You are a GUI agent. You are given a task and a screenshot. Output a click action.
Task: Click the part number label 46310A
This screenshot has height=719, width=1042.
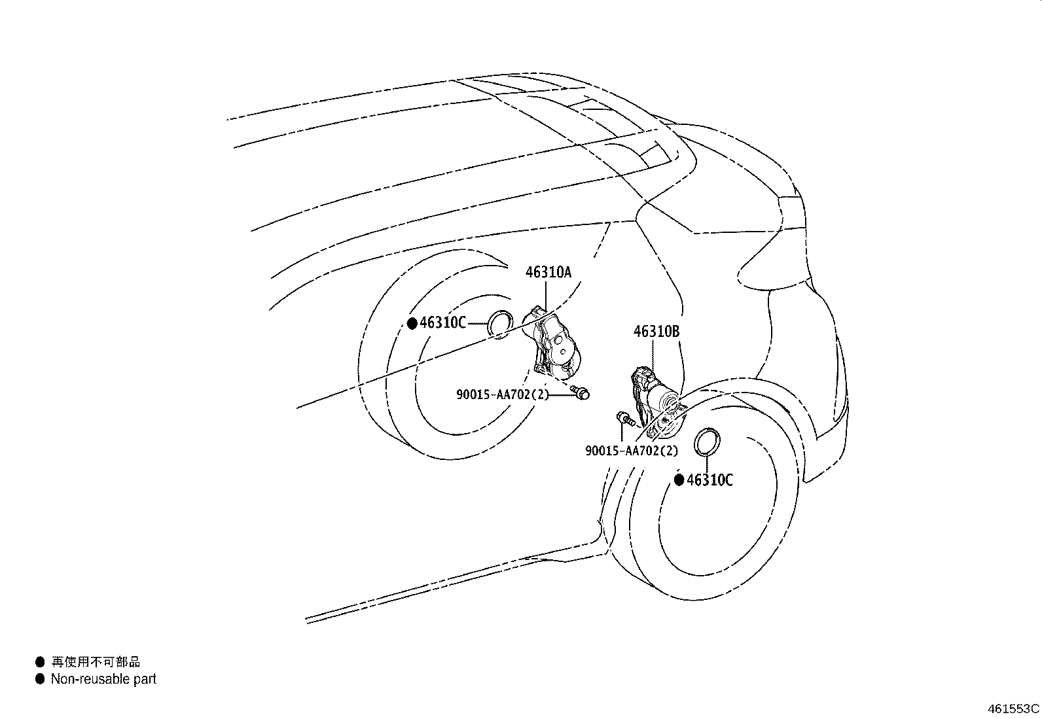pyautogui.click(x=548, y=272)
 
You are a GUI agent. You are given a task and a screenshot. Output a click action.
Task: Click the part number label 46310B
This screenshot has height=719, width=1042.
pyautogui.click(x=656, y=332)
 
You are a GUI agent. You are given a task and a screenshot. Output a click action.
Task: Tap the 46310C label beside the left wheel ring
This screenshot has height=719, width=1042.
pyautogui.click(x=442, y=323)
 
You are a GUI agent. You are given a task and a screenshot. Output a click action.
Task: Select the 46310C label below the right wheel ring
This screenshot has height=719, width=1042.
pyautogui.click(x=710, y=480)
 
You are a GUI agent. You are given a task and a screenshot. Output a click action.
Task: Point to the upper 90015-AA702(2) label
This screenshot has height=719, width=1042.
pyautogui.click(x=503, y=395)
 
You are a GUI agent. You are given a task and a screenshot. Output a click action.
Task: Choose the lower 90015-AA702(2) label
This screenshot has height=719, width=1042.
pyautogui.click(x=632, y=451)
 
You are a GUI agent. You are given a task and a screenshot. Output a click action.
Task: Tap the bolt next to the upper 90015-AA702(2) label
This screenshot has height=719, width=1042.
pyautogui.click(x=580, y=393)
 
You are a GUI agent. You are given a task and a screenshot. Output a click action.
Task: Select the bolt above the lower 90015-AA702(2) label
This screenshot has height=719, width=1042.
pyautogui.click(x=625, y=419)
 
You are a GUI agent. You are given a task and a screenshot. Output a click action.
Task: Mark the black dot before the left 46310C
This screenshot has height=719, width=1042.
pyautogui.click(x=412, y=323)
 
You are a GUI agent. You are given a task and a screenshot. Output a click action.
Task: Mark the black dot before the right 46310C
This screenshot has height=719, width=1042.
pyautogui.click(x=679, y=480)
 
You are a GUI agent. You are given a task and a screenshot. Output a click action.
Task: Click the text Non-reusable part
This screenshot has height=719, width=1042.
pyautogui.click(x=103, y=679)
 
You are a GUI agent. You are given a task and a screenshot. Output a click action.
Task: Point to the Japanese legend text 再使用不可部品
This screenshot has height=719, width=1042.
pyautogui.click(x=96, y=662)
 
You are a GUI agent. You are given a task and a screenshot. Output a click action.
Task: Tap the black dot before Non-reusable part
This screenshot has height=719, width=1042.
pyautogui.click(x=40, y=679)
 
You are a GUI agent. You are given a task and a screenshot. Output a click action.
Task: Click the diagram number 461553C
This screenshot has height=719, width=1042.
pyautogui.click(x=1013, y=709)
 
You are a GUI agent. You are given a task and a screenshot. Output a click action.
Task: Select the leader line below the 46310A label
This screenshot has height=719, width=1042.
pyautogui.click(x=546, y=296)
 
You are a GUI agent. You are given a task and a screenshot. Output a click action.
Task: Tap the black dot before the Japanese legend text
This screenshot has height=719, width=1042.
pyautogui.click(x=40, y=662)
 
